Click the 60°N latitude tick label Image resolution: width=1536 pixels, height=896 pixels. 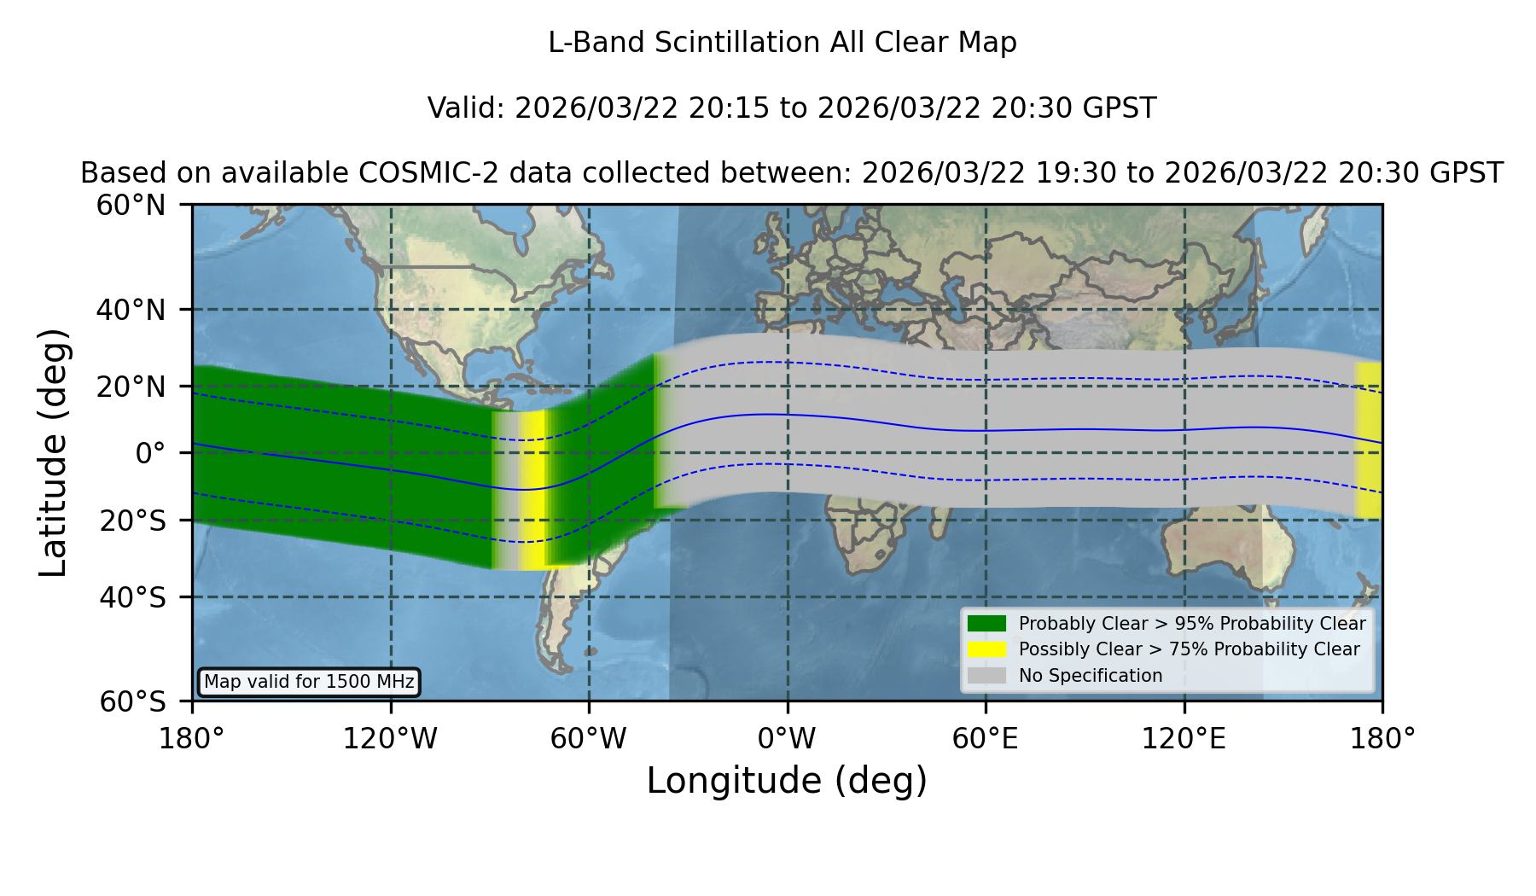(x=131, y=206)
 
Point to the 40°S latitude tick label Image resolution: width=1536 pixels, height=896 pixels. (x=133, y=597)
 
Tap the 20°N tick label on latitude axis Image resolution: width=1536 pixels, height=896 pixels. (x=131, y=387)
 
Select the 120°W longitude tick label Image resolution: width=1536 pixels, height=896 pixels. (x=390, y=738)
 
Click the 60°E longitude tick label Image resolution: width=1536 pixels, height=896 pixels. (x=986, y=738)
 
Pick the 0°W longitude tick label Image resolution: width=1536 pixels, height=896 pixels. (x=787, y=738)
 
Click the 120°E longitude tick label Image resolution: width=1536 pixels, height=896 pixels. (x=1184, y=738)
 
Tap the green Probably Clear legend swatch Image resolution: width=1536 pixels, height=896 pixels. (x=986, y=624)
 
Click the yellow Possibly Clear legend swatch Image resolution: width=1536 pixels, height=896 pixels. (x=986, y=649)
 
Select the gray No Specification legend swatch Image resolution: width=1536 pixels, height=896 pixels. (x=986, y=676)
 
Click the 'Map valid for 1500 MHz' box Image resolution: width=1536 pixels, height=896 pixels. (x=309, y=682)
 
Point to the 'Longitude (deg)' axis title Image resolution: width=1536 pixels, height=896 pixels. (x=787, y=781)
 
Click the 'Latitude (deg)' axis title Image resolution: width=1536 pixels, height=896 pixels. (x=53, y=452)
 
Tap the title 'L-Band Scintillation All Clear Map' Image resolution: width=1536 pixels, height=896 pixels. (x=783, y=43)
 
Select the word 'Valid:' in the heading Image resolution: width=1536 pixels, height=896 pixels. (x=467, y=108)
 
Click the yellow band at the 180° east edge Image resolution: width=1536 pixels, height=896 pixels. (x=1369, y=440)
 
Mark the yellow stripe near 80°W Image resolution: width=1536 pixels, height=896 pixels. (x=533, y=490)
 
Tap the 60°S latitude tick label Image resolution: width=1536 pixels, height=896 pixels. (x=133, y=701)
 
